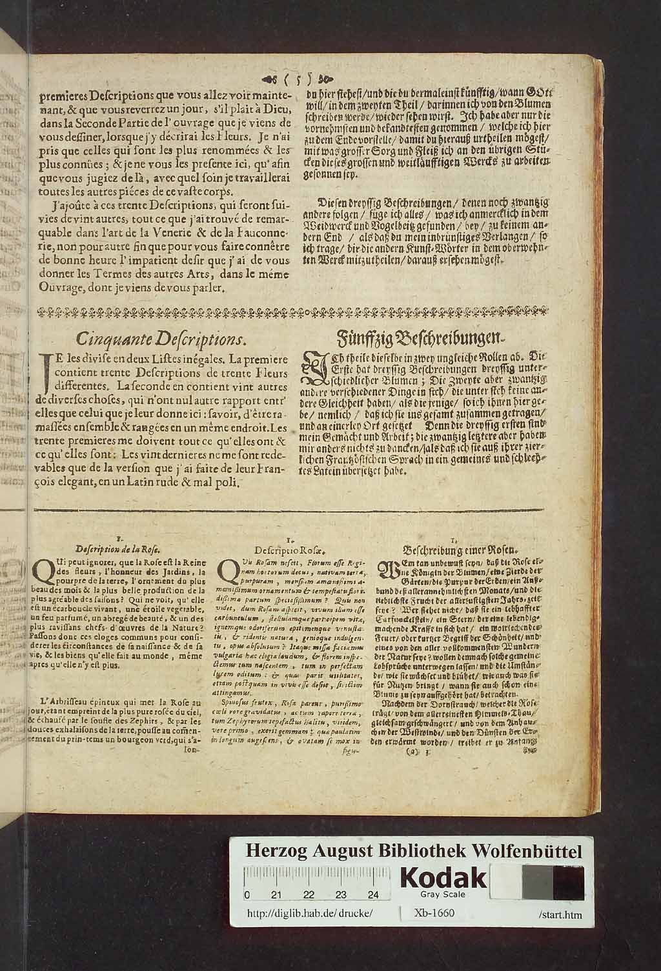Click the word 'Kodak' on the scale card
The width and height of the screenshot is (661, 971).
445,877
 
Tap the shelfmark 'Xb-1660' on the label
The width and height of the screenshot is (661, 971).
436,913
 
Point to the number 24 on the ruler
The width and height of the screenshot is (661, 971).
373,895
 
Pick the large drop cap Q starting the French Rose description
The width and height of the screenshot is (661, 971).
43,570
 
